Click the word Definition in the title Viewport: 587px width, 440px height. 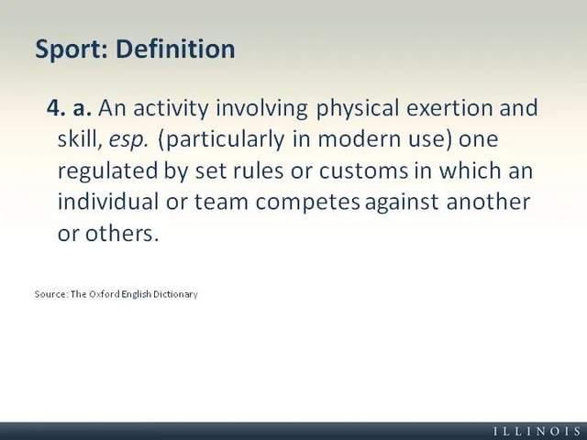pyautogui.click(x=175, y=49)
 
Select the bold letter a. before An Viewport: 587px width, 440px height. pyautogui.click(x=83, y=108)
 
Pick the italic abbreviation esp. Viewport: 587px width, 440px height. pyautogui.click(x=127, y=140)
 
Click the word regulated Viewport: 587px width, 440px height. pyautogui.click(x=108, y=171)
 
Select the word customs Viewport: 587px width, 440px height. pyautogui.click(x=363, y=171)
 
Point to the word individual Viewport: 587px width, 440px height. pyautogui.click(x=108, y=202)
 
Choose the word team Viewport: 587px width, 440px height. pyautogui.click(x=221, y=202)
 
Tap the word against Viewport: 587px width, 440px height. pyautogui.click(x=402, y=203)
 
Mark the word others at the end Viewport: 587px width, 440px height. pyautogui.click(x=122, y=234)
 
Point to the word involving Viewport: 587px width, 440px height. pyautogui.click(x=262, y=109)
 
